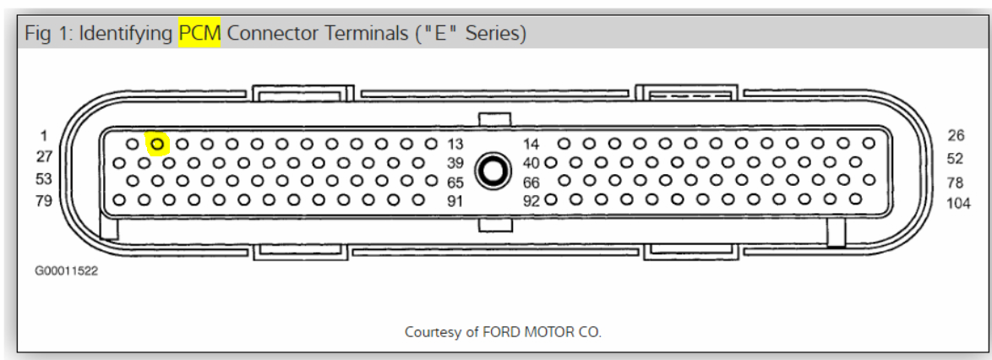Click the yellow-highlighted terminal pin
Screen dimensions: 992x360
click(x=157, y=145)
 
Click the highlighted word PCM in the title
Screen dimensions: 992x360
click(x=199, y=34)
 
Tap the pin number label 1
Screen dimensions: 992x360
click(x=44, y=134)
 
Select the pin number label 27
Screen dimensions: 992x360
click(x=44, y=156)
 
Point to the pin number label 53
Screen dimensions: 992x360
click(x=44, y=179)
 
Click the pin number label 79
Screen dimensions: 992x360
click(x=44, y=201)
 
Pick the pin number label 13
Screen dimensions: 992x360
click(x=455, y=145)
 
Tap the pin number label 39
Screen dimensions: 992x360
click(x=455, y=163)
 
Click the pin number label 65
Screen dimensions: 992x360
click(x=455, y=183)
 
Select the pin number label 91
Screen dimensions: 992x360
click(x=455, y=202)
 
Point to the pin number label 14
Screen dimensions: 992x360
click(x=531, y=145)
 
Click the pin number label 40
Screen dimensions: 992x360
click(x=531, y=163)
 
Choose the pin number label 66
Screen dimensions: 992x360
click(x=531, y=183)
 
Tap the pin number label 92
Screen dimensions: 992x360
click(x=531, y=202)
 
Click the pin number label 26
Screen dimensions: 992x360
click(x=956, y=134)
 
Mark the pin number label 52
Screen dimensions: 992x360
click(x=956, y=158)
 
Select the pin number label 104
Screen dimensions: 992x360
click(x=959, y=204)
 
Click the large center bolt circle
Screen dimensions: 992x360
click(x=493, y=171)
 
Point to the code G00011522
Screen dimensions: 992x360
click(x=67, y=270)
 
